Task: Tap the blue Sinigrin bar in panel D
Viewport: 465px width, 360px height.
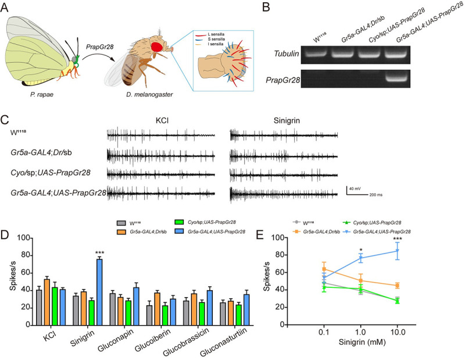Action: tap(99, 276)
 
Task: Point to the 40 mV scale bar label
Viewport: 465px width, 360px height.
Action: tap(359, 189)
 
